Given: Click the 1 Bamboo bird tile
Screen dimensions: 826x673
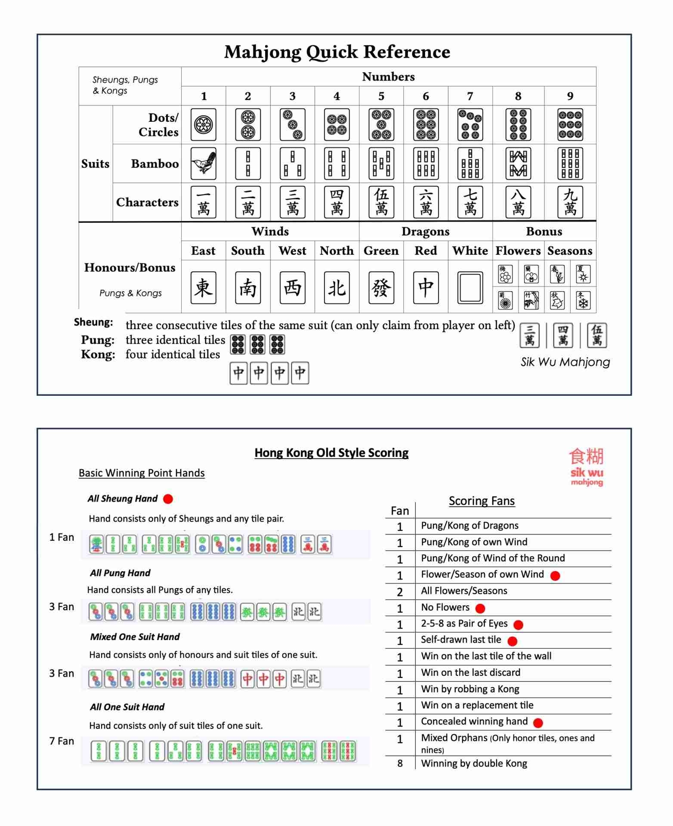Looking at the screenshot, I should (x=204, y=163).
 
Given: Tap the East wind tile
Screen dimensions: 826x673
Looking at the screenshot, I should (x=204, y=287).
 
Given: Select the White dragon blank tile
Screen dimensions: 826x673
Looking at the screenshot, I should (x=470, y=287).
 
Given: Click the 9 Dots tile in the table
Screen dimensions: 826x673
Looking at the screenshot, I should (x=570, y=125).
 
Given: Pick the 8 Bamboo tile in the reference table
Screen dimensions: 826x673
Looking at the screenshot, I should (x=518, y=163).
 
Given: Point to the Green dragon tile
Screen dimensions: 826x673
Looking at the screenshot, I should (x=381, y=287).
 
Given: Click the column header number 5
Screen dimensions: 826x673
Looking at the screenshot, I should (x=381, y=96).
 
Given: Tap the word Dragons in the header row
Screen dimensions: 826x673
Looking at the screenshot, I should (x=425, y=231).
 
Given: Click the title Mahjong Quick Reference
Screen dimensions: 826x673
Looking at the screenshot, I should (x=337, y=52).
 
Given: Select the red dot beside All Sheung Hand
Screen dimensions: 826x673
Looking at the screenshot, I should (x=168, y=499).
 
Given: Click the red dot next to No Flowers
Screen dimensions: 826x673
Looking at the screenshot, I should (x=481, y=608).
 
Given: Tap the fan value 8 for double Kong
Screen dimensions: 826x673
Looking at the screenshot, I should (x=400, y=764).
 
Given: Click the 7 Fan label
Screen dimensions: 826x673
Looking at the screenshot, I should (x=62, y=741).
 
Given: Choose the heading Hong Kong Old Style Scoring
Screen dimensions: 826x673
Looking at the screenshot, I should (x=331, y=453).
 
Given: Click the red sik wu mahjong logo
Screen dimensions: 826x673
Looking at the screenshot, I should (x=587, y=467).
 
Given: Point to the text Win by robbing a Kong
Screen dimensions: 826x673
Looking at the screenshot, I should (x=470, y=689).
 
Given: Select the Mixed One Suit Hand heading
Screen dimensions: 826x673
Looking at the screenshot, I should (x=135, y=637).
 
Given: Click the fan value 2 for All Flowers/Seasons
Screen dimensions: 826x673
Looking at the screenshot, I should (x=400, y=592).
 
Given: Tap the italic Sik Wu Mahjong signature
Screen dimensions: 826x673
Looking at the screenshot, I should (x=565, y=362).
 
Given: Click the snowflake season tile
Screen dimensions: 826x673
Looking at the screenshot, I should (x=583, y=300).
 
